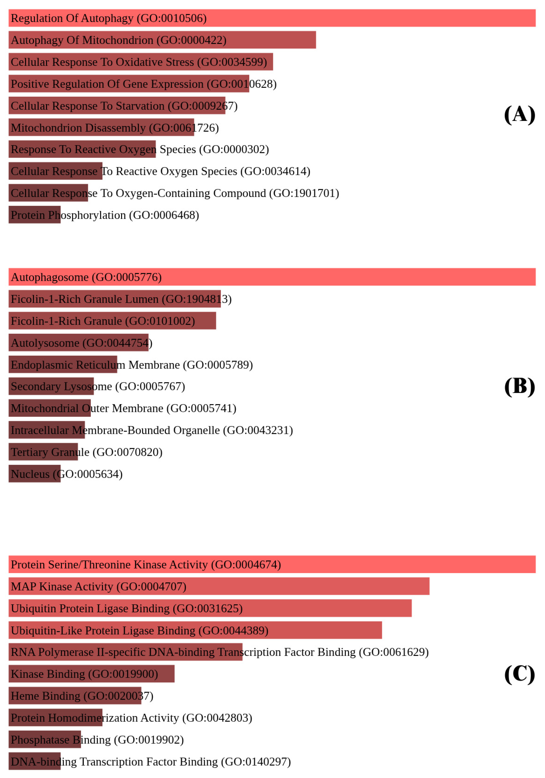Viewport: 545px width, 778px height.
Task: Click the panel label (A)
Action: pyautogui.click(x=519, y=114)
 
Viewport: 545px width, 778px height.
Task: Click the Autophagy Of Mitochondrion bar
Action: pyautogui.click(x=162, y=40)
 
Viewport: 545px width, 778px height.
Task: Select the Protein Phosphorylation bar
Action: pyautogui.click(x=35, y=215)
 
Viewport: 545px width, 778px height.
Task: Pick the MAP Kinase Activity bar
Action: pyautogui.click(x=219, y=586)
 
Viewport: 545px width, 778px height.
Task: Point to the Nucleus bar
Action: pyautogui.click(x=35, y=474)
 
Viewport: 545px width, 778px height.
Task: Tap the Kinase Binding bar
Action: pyautogui.click(x=91, y=674)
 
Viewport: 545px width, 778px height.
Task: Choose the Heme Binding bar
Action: pyautogui.click(x=75, y=696)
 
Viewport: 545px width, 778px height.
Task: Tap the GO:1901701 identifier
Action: pyautogui.click(x=304, y=193)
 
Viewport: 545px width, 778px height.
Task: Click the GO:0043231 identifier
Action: pyautogui.click(x=258, y=430)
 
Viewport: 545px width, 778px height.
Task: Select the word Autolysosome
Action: pyautogui.click(x=45, y=343)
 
